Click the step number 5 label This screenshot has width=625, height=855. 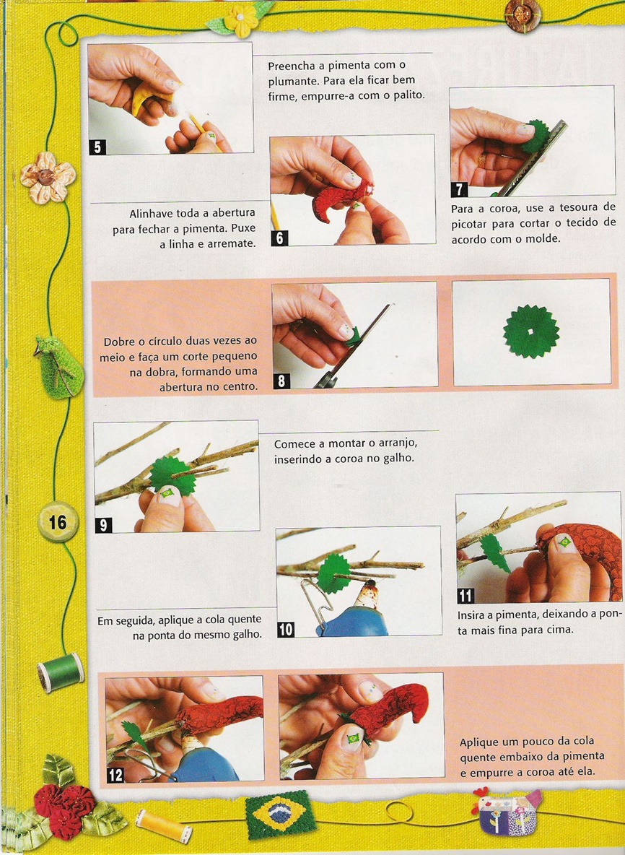coord(97,147)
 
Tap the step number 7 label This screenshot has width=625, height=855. coord(459,189)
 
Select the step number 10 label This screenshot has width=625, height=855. coord(286,629)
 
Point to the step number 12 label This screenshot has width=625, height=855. coord(115,775)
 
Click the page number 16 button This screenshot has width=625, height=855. coord(58,522)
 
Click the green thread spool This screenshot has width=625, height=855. coord(61,672)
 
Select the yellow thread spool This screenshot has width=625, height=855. coord(164,826)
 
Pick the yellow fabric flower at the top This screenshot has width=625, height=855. coord(240,21)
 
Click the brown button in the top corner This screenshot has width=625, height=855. coord(523,15)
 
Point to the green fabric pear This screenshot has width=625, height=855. coord(58,366)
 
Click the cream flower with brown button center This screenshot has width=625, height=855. coord(47,178)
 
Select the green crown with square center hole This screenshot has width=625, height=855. coord(531,331)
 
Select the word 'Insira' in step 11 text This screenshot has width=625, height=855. coord(471,615)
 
